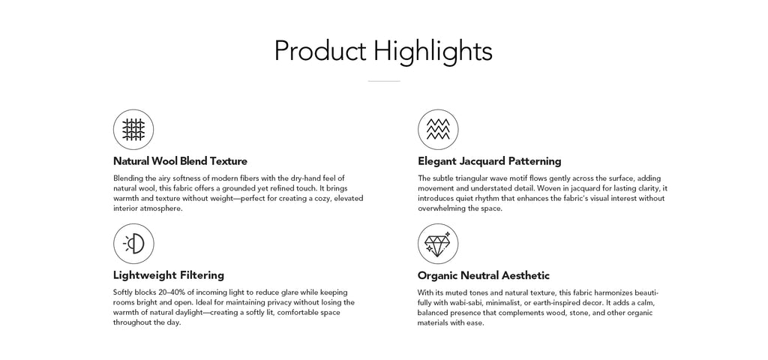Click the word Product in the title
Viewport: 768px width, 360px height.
pos(320,51)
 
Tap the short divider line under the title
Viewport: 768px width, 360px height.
pos(384,81)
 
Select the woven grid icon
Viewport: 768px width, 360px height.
pos(133,129)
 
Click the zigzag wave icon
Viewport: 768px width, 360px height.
pos(438,129)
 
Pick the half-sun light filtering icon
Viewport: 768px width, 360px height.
pos(133,244)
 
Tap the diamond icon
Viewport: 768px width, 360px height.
pos(438,244)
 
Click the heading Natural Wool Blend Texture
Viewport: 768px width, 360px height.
pos(180,161)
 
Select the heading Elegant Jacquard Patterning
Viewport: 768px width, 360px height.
pos(489,161)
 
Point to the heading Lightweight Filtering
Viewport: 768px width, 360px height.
pos(169,275)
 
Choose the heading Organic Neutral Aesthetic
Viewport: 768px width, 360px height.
pos(484,275)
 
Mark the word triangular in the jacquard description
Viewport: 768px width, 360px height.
pos(470,178)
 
